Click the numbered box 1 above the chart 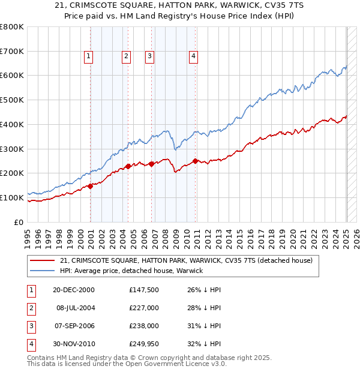88,57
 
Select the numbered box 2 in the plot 126,57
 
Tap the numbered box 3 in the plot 149,57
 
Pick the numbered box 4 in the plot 194,57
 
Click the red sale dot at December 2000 91,186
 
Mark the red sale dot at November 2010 196,161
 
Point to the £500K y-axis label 12,100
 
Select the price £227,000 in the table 143,308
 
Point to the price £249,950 143,344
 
